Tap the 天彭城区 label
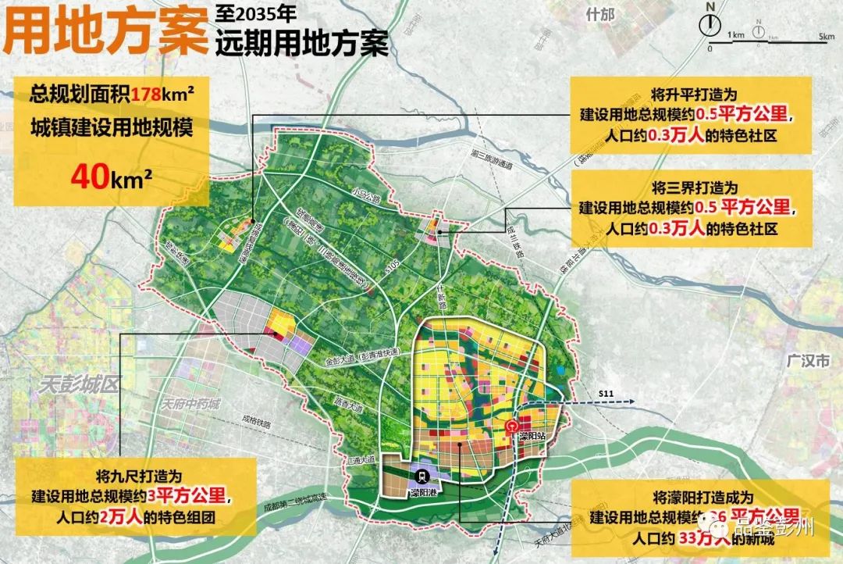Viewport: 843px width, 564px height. click(75, 384)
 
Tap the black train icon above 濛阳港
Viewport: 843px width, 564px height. click(422, 474)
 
